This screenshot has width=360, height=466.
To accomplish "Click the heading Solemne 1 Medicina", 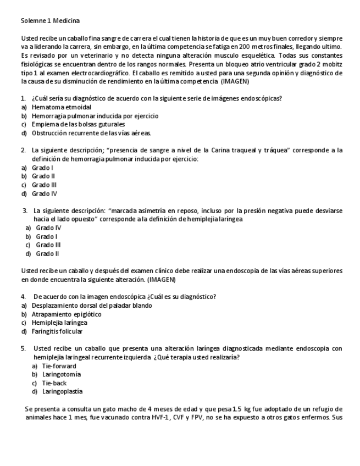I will click(x=50, y=21).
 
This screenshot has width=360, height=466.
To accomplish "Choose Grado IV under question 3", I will click(x=48, y=228).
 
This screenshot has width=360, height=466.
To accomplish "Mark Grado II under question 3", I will click(x=48, y=254).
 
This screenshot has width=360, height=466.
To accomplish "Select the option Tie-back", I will click(x=54, y=383).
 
